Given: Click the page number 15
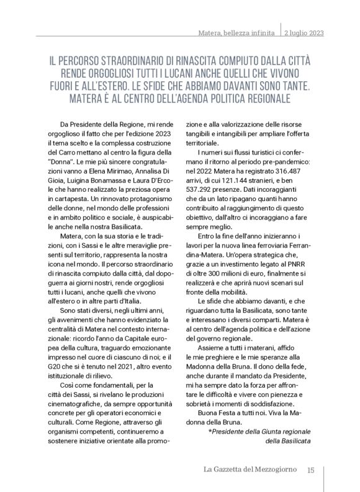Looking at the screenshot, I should tap(312, 469).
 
